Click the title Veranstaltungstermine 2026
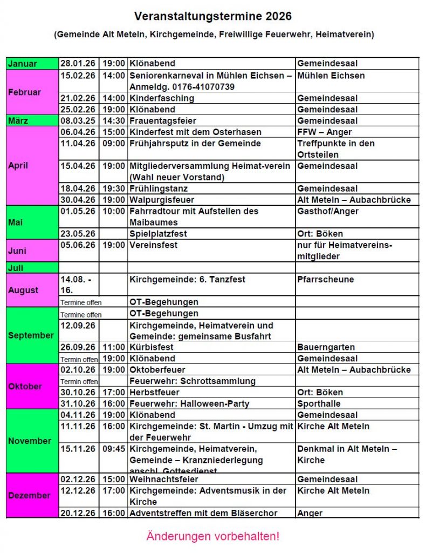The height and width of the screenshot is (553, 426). (212, 16)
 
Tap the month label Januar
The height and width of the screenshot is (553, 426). (23, 64)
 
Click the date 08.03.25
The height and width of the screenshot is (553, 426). (78, 121)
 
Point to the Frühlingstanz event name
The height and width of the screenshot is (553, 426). (159, 188)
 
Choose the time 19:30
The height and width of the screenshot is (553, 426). (114, 188)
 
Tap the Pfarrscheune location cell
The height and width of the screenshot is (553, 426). (325, 279)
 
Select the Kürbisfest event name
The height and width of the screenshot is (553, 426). (152, 347)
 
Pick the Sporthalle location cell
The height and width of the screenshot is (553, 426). (319, 403)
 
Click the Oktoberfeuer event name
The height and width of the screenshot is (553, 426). (157, 370)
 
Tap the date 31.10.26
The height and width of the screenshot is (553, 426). (78, 403)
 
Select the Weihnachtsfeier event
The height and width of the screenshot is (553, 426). (160, 479)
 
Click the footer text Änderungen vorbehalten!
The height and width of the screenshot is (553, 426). (212, 537)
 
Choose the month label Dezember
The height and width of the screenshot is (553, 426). (29, 495)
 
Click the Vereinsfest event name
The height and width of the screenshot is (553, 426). (153, 245)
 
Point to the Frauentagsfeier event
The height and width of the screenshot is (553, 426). (163, 121)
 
